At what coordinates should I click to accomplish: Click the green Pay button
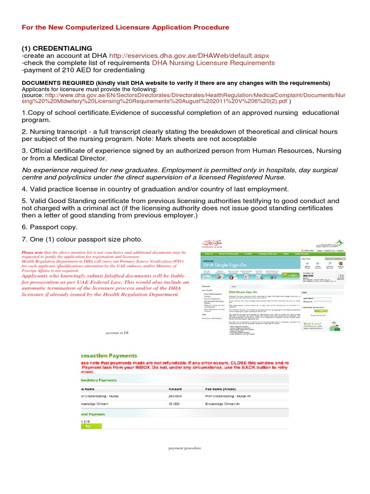point(88,426)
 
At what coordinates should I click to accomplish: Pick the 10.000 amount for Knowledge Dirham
point(175,404)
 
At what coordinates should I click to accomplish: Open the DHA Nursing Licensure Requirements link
point(213,63)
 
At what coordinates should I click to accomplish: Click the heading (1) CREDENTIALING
point(57,48)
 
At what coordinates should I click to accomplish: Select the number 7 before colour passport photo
point(24,239)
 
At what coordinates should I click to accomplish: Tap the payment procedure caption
point(185,448)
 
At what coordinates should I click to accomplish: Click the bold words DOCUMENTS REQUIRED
point(57,82)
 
